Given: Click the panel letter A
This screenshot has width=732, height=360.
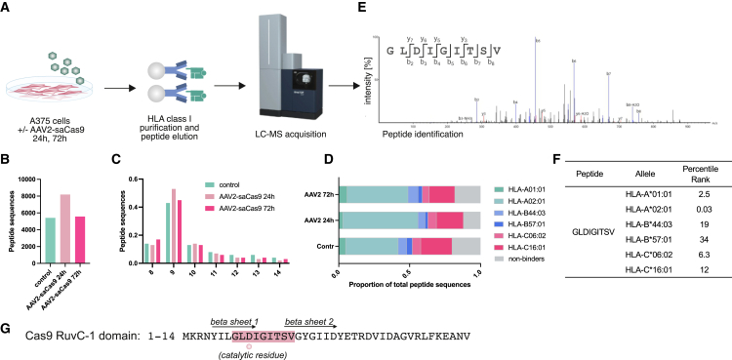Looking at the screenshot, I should (7, 8).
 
